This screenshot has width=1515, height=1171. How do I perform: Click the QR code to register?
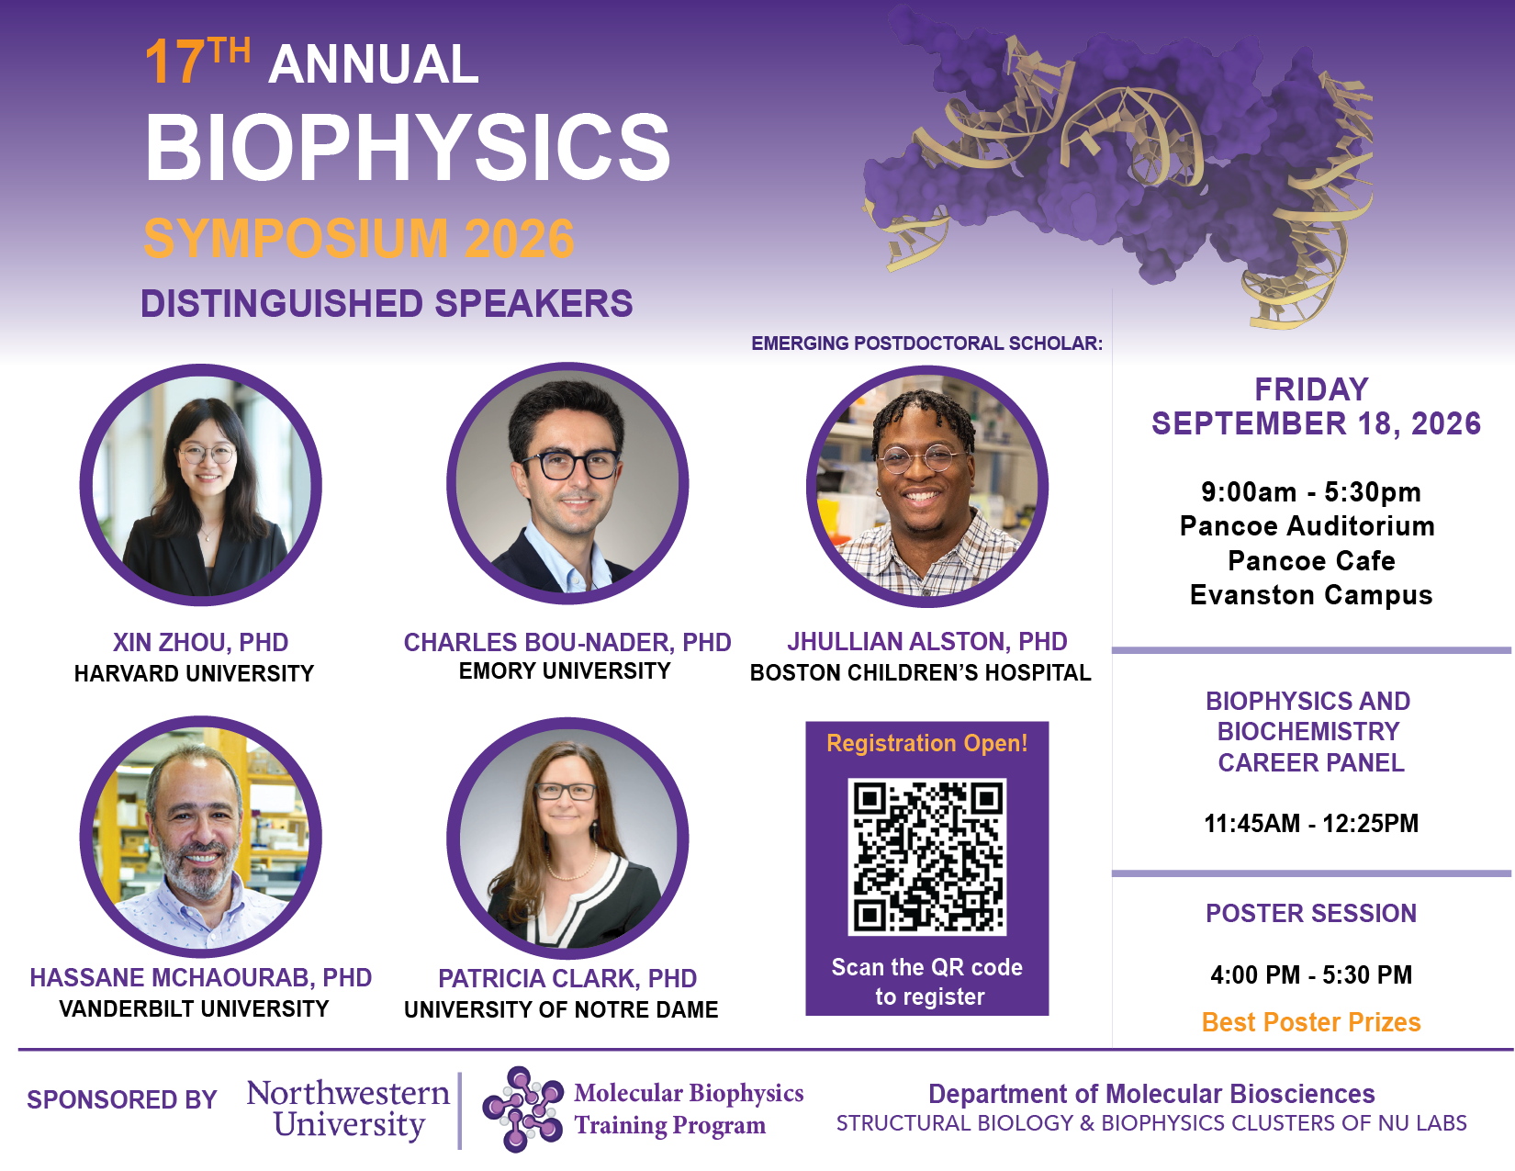coord(926,857)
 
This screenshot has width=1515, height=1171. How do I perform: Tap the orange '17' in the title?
coord(174,62)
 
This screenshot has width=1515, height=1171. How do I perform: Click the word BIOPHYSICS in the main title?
coord(407,147)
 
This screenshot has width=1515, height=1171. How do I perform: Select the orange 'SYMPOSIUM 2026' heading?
coord(359,239)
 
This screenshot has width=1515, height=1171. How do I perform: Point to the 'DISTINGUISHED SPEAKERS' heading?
coord(387,304)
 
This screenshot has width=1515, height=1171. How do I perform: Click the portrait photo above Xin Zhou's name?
coord(201,485)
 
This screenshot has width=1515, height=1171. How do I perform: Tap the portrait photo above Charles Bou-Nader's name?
coord(567,483)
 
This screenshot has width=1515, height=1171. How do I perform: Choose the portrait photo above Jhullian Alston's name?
coord(927,486)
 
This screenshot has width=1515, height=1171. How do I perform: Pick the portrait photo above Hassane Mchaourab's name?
coord(201,837)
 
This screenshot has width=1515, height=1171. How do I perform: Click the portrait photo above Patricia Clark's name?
coord(567,839)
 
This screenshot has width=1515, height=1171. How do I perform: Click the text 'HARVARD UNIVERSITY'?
coord(194,674)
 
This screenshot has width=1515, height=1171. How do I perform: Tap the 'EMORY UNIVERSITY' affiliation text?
coord(565,671)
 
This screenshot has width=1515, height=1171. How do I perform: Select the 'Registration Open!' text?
coord(927,743)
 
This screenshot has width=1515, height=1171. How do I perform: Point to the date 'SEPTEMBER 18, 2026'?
coord(1317,424)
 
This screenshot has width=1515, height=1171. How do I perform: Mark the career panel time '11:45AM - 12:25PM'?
coord(1311,824)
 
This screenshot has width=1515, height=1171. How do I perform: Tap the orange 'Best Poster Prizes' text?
coord(1311,1022)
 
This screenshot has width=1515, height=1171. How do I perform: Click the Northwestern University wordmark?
coord(348,1109)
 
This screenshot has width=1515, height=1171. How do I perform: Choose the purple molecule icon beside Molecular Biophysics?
coord(522,1109)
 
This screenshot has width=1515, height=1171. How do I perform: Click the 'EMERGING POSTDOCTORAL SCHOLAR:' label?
coord(927,343)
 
